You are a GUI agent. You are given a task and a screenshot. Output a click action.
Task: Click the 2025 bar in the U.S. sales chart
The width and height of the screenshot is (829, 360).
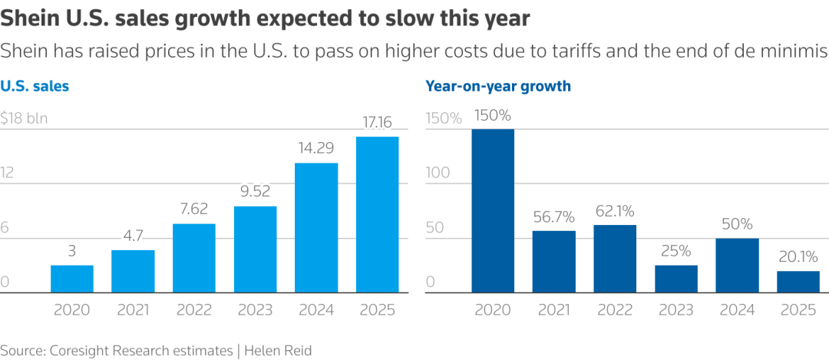point(377,215)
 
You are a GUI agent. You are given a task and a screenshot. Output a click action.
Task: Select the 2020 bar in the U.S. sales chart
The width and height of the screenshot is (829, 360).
point(72,279)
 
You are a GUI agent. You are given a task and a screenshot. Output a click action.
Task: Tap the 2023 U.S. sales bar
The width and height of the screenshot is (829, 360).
point(255,249)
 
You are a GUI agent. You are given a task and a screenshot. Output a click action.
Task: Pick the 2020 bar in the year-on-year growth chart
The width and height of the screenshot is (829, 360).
point(493,211)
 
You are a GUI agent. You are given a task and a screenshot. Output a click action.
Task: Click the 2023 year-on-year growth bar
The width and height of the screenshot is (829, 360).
point(675,279)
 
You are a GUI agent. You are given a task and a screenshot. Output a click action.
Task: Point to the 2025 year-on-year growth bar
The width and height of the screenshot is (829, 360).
point(798,282)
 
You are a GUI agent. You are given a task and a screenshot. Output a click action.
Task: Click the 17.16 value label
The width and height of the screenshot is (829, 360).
point(377,122)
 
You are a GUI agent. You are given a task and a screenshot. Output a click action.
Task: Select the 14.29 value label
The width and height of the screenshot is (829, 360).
point(315,148)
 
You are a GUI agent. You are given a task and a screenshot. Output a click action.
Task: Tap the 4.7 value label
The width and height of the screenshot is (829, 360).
point(133,236)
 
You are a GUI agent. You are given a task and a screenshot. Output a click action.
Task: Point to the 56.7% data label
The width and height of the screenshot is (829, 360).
point(553,216)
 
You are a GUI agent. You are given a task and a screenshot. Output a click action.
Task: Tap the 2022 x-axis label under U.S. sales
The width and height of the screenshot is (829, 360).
point(194,310)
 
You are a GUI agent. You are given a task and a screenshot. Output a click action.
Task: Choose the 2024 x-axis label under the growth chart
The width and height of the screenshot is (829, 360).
point(737,310)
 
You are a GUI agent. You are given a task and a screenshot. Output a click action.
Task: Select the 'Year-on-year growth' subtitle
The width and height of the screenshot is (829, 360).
point(498,86)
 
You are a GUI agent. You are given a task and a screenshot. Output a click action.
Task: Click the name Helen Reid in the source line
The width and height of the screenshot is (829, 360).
point(279,350)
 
